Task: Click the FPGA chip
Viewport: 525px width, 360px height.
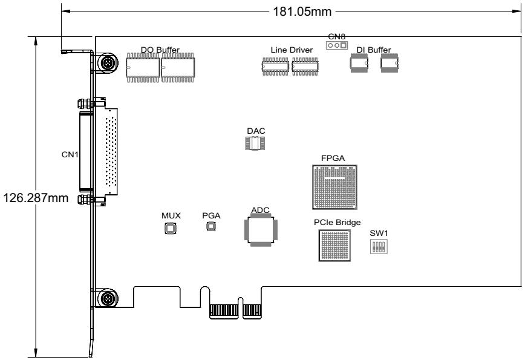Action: [x=334, y=187]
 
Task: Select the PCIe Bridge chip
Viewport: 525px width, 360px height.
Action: [x=334, y=246]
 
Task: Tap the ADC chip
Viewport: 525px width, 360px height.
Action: [x=261, y=230]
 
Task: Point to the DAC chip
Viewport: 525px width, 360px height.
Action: [x=255, y=143]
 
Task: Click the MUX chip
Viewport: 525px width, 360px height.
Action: [x=171, y=228]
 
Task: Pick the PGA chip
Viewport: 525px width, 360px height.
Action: [x=210, y=226]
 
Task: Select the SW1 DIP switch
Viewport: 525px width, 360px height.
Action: [x=379, y=246]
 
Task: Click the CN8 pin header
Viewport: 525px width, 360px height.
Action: [x=337, y=45]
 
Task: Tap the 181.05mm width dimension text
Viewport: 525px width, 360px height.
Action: [x=302, y=11]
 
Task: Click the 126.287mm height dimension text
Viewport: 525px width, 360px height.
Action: [x=36, y=198]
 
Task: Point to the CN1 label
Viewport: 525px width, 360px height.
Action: [x=70, y=154]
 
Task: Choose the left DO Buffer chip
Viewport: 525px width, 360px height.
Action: [x=143, y=68]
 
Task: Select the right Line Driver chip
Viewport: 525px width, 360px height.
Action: [x=305, y=67]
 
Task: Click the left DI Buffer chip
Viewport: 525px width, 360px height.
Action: [x=359, y=63]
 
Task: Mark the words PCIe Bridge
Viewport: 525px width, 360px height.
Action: [x=337, y=223]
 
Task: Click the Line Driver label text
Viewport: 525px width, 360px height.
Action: [x=292, y=50]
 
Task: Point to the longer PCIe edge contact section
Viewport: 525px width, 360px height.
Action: [x=224, y=312]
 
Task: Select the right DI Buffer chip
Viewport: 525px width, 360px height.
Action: [x=390, y=63]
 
